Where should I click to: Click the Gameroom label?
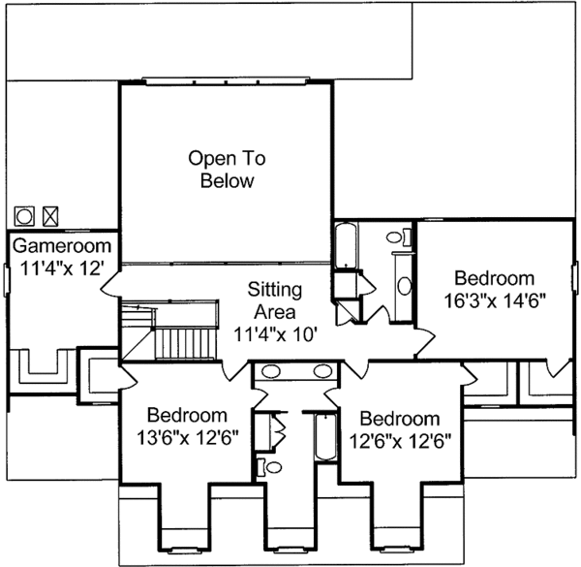point(62,246)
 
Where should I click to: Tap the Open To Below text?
point(228,170)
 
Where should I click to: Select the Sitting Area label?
point(275,300)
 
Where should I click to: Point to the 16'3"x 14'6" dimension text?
point(495,300)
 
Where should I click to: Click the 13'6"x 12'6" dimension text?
point(188,437)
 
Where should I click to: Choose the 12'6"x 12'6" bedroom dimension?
point(400,441)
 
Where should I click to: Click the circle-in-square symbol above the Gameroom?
point(24,216)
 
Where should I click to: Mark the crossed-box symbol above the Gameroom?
point(50,216)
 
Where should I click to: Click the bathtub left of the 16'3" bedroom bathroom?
point(346,245)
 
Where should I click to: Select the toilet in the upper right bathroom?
point(399,236)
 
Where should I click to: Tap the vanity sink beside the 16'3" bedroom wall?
point(404,286)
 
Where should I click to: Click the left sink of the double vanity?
point(271,371)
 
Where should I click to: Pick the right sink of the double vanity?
point(322,371)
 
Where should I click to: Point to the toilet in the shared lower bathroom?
point(270,467)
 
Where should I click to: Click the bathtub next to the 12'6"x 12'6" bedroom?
point(325,437)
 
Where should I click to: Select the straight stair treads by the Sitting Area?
point(185,343)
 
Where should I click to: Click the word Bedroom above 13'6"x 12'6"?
point(188,415)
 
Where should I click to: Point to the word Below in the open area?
point(228,181)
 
